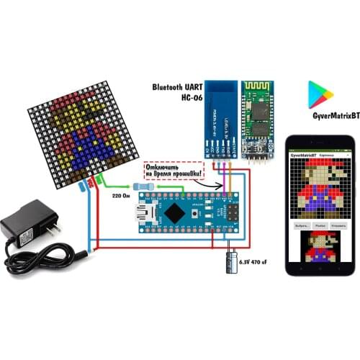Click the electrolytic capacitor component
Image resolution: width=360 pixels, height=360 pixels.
click(x=234, y=257)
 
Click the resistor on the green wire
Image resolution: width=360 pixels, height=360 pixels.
click(x=145, y=186)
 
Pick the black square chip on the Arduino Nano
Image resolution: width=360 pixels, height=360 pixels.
click(x=174, y=213)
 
